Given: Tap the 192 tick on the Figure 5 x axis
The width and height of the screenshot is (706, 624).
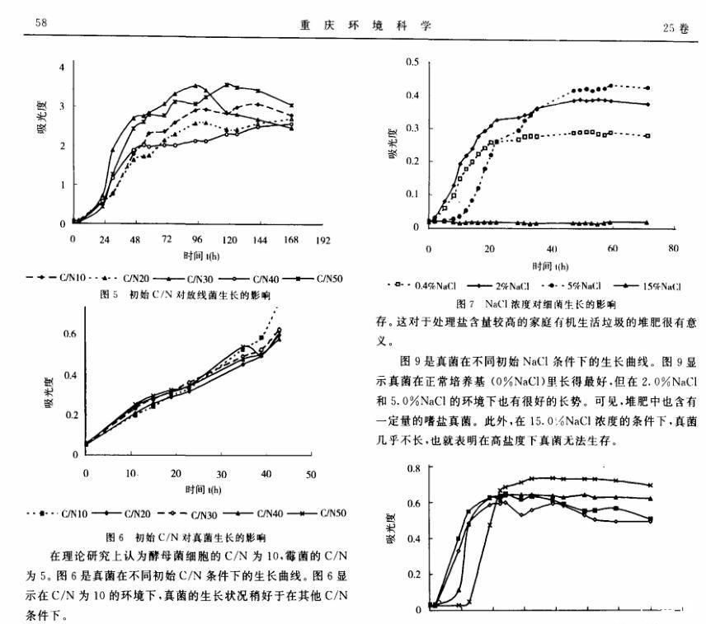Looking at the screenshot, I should [x=322, y=239].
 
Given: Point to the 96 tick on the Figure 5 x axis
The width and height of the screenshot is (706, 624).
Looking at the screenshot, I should [x=197, y=239].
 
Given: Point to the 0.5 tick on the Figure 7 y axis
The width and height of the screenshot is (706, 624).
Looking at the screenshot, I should [x=413, y=62].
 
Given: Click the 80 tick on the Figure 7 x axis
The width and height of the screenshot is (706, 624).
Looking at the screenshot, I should [x=674, y=247].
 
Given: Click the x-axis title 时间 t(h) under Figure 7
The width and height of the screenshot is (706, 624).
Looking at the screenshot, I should [x=550, y=266].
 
